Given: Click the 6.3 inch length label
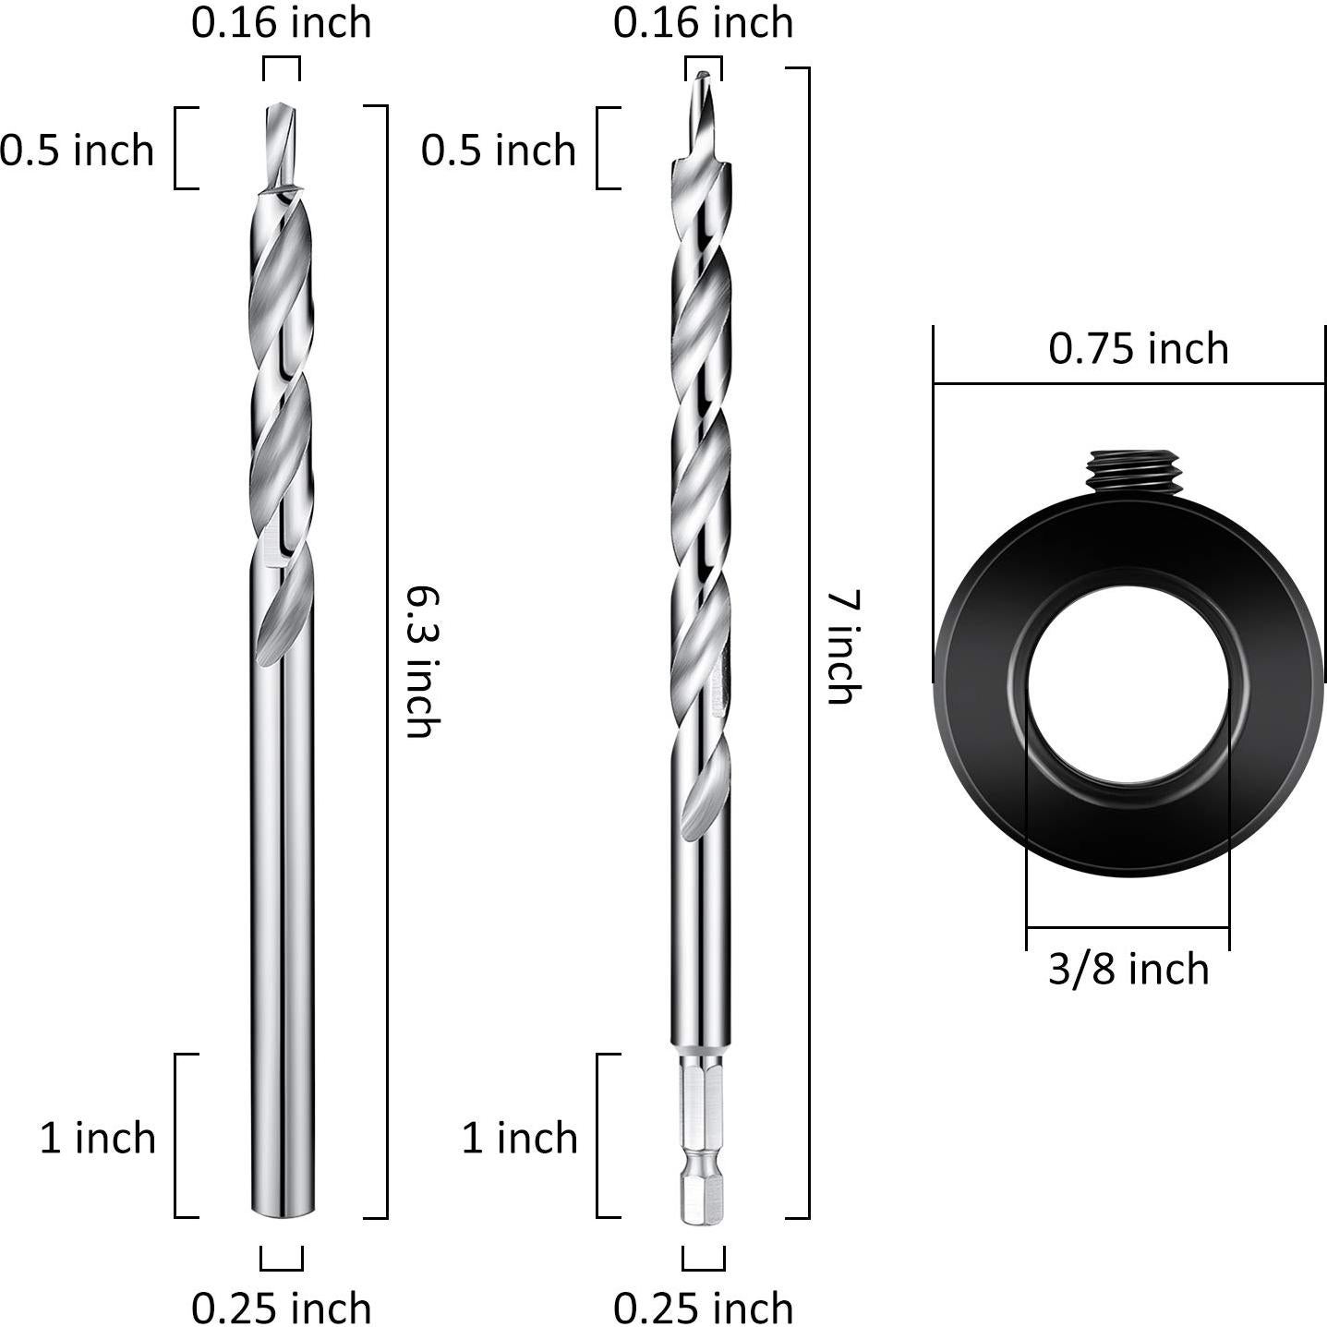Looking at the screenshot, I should [420, 661].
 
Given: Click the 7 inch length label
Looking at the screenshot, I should [842, 646].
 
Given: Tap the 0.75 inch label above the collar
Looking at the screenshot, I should [1138, 349].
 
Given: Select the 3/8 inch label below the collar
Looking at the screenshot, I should [1128, 970].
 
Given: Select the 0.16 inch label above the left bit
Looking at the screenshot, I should [281, 23].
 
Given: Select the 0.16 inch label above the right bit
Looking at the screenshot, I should [703, 23].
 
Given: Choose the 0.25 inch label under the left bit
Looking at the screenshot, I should [281, 1307].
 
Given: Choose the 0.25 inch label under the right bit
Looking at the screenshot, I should [703, 1307].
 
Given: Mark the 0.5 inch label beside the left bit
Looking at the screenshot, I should [77, 150].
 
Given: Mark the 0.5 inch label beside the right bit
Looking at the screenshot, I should [499, 150].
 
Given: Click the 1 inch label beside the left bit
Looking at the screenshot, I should [97, 1138].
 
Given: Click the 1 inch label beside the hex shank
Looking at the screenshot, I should [519, 1138].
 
